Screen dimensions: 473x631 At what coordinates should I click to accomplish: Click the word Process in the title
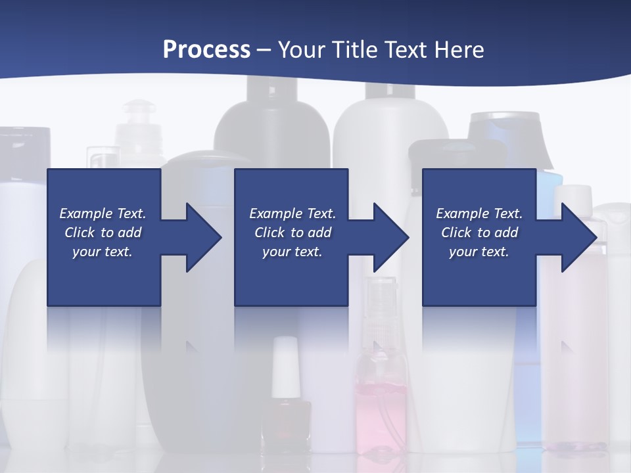coord(206,50)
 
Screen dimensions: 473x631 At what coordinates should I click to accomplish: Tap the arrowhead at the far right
coord(578,237)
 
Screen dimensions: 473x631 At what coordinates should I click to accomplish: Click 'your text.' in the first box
coord(103,252)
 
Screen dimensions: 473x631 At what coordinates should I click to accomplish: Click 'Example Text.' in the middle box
coord(292,214)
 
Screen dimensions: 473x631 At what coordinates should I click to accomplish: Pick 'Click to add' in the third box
coord(480,233)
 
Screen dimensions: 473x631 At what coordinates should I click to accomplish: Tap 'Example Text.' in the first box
coord(103,214)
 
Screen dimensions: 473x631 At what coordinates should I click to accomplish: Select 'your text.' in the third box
coord(479,252)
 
